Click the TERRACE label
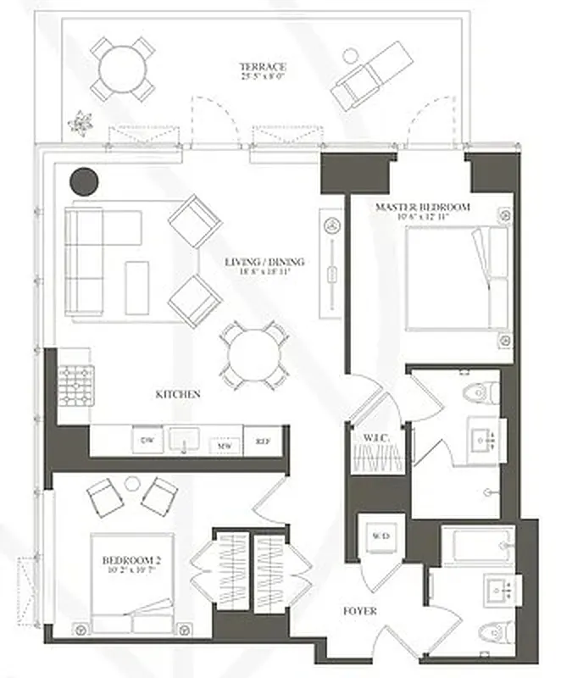coord(262,66)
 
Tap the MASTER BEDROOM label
coord(422,207)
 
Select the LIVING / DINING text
coord(264,262)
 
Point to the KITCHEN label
coord(178,394)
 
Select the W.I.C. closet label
coord(376,438)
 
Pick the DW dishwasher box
coord(147,441)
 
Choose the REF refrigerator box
coord(262,442)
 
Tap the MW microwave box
coord(225,443)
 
